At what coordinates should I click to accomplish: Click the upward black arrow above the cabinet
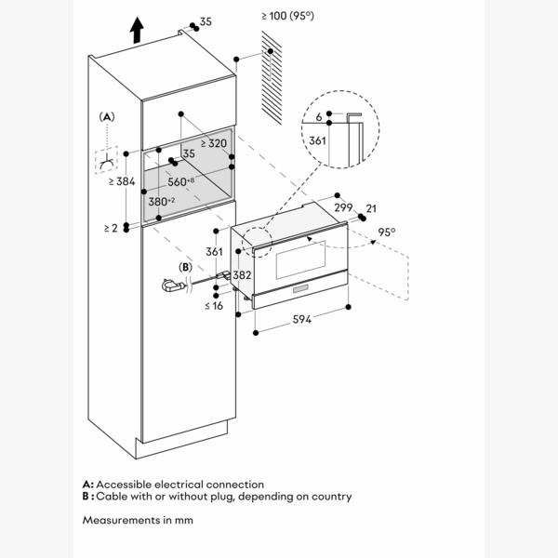point(137,31)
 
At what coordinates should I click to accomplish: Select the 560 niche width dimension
point(183,181)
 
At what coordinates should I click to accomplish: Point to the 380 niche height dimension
point(162,200)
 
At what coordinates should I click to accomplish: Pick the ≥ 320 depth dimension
point(212,143)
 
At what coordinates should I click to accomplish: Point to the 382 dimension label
point(241,275)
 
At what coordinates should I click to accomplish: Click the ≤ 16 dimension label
point(214,306)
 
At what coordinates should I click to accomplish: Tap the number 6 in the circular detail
point(318,116)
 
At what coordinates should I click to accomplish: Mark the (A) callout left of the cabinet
point(107,116)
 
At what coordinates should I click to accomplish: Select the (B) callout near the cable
point(185,267)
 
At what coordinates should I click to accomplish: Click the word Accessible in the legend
point(127,485)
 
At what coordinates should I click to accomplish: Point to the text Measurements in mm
point(137,519)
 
